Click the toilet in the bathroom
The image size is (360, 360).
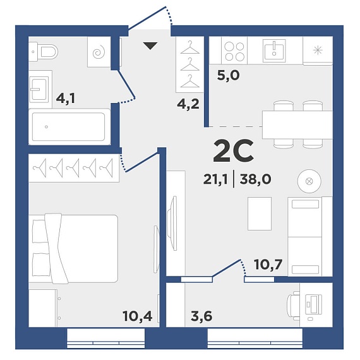(43, 52)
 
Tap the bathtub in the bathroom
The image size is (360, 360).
(69, 126)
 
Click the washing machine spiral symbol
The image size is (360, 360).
(99, 52)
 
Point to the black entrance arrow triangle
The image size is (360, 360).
(150, 46)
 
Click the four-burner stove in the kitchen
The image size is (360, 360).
(234, 51)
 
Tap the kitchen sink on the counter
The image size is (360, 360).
(274, 51)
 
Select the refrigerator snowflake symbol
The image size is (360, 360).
(318, 50)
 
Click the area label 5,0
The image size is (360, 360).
(228, 76)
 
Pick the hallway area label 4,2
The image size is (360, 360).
(188, 104)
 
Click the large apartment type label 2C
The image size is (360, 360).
(233, 151)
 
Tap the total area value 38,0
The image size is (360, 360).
(255, 179)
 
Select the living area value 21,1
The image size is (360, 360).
(215, 179)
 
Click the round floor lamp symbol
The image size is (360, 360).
(309, 181)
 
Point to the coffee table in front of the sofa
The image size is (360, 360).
(260, 213)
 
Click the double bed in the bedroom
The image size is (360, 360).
(73, 249)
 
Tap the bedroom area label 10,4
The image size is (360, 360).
(138, 316)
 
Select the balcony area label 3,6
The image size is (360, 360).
(201, 316)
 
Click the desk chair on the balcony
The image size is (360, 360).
(294, 306)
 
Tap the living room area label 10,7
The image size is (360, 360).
(268, 265)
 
